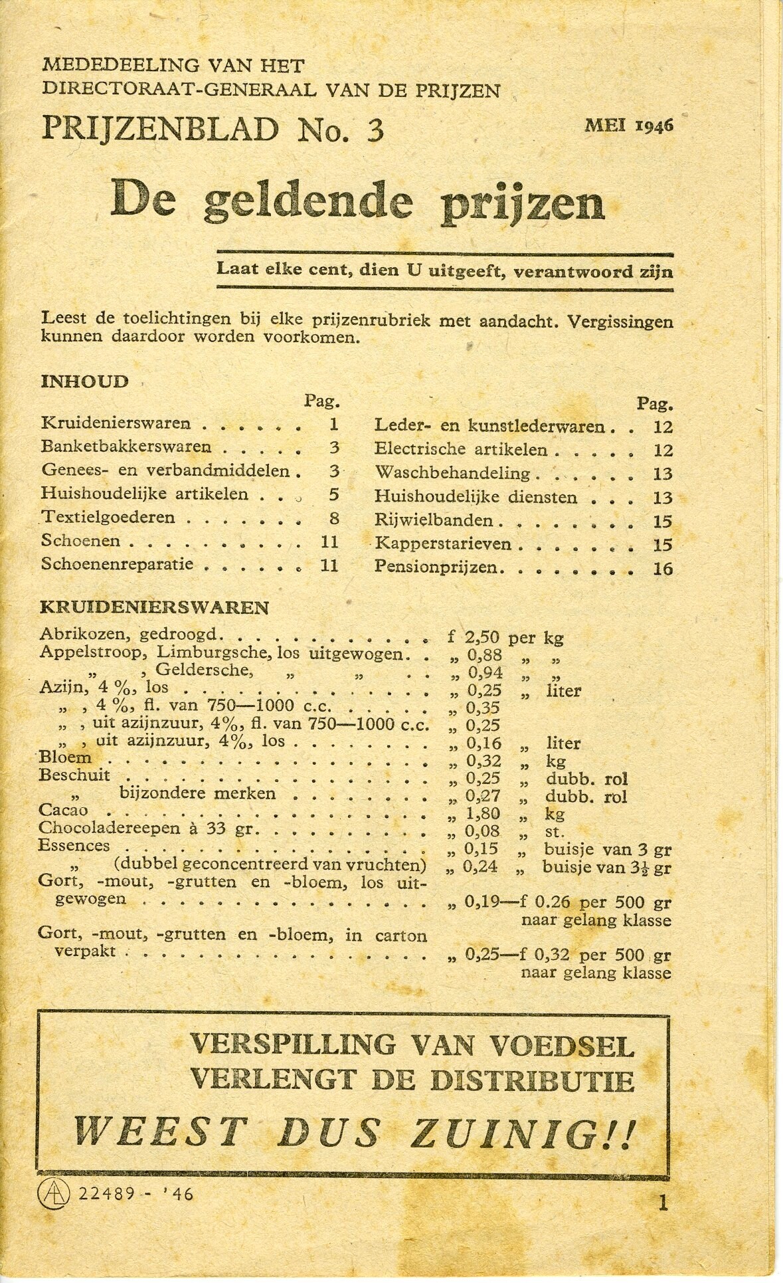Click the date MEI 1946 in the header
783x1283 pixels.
click(x=628, y=126)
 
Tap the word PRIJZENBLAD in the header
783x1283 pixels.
click(x=160, y=129)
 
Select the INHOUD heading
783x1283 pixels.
click(x=84, y=381)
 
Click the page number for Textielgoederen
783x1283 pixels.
click(x=334, y=518)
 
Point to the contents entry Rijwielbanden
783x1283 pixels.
click(x=433, y=521)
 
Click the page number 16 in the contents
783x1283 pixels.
click(x=662, y=569)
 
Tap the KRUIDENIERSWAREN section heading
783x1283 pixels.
click(x=154, y=607)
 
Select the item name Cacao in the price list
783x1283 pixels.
click(x=63, y=810)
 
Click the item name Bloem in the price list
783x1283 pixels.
click(x=65, y=757)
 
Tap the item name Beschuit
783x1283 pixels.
click(x=74, y=775)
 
